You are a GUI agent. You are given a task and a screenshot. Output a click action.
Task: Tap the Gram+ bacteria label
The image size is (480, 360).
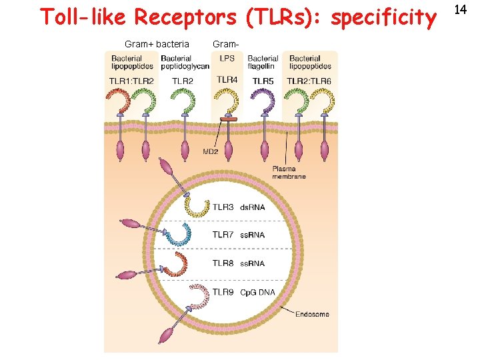tap(157, 44)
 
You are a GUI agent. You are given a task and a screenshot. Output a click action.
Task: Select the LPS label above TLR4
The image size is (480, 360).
tap(227, 59)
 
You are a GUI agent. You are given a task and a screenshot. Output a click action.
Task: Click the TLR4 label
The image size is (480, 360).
tap(227, 80)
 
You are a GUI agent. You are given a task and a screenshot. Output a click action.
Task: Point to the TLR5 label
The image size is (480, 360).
tap(263, 81)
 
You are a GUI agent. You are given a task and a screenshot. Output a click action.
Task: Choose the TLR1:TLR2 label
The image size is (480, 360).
tap(131, 81)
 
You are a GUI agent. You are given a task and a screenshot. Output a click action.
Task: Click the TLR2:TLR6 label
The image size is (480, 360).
tap(309, 81)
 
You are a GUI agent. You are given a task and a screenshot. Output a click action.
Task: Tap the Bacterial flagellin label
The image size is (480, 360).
tap(263, 63)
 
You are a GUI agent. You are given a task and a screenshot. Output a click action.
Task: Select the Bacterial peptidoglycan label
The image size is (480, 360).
tap(185, 63)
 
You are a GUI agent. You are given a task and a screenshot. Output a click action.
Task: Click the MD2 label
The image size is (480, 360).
tap(211, 151)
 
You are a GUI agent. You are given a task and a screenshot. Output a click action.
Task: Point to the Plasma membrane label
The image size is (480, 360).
tap(289, 172)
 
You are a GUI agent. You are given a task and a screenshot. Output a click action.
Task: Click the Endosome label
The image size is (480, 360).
tap(312, 314)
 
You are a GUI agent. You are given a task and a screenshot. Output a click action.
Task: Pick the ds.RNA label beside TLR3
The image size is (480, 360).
tap(252, 207)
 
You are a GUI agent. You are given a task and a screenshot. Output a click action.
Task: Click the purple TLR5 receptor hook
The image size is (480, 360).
tap(265, 101)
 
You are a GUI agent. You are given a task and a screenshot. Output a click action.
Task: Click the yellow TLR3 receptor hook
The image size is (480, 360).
tap(197, 205)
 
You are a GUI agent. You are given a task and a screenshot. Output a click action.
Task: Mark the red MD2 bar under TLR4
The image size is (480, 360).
tap(229, 120)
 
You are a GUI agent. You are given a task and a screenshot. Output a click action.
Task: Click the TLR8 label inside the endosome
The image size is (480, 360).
tap(223, 263)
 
